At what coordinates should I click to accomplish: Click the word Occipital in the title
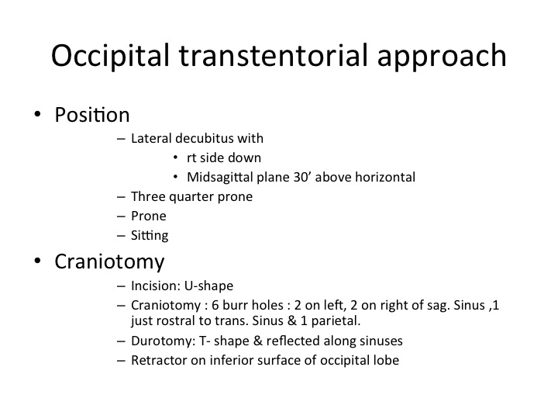(110, 56)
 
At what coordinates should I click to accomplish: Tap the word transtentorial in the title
(273, 56)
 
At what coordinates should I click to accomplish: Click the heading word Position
(91, 115)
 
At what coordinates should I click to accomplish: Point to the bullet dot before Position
(37, 114)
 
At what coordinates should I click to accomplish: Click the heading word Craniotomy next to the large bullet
(109, 262)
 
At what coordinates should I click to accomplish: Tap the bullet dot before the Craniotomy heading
(37, 261)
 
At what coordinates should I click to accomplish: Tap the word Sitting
(150, 236)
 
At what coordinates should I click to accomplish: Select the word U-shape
(208, 286)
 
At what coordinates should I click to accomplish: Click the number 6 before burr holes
(215, 306)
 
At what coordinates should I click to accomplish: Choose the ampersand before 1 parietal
(292, 320)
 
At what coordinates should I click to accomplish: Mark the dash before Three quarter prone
(121, 197)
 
